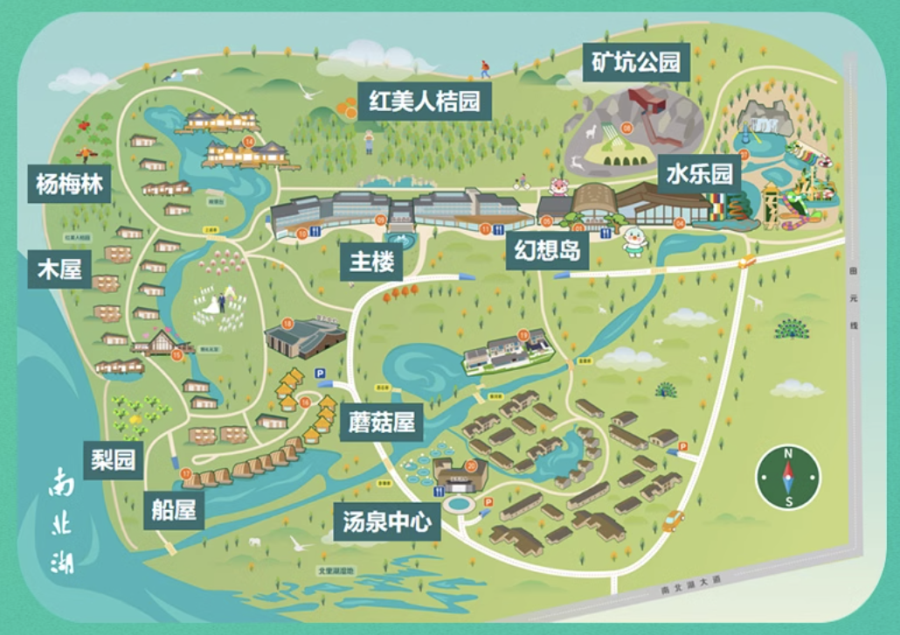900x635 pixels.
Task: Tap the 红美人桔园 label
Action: [x=424, y=102]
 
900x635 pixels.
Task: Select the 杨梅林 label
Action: [x=70, y=184]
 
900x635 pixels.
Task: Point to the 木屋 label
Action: [x=59, y=269]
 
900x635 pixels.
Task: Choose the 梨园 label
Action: [x=114, y=459]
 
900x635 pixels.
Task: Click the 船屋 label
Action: [x=174, y=510]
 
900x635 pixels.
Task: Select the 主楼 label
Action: [x=371, y=261]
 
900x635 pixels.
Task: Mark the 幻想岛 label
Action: [x=547, y=252]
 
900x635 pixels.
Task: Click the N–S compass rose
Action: [x=787, y=477]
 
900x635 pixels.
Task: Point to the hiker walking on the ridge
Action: [x=484, y=68]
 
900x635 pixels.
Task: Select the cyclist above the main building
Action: [x=522, y=182]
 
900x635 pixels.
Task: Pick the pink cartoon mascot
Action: [x=558, y=186]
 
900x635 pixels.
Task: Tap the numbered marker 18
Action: [x=287, y=324]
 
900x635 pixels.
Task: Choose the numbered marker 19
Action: [x=523, y=335]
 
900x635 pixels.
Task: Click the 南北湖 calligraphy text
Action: [x=63, y=521]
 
